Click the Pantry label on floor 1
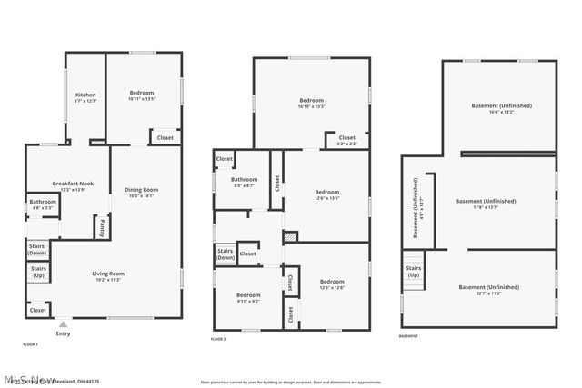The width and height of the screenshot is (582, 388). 101,226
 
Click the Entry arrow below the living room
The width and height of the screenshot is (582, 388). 63,323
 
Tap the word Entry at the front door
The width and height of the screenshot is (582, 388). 63,333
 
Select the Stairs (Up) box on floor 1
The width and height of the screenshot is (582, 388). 38,271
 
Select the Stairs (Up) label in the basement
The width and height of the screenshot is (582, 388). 413,272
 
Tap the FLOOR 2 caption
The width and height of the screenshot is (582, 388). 218,338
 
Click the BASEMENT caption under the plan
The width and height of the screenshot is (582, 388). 409,335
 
